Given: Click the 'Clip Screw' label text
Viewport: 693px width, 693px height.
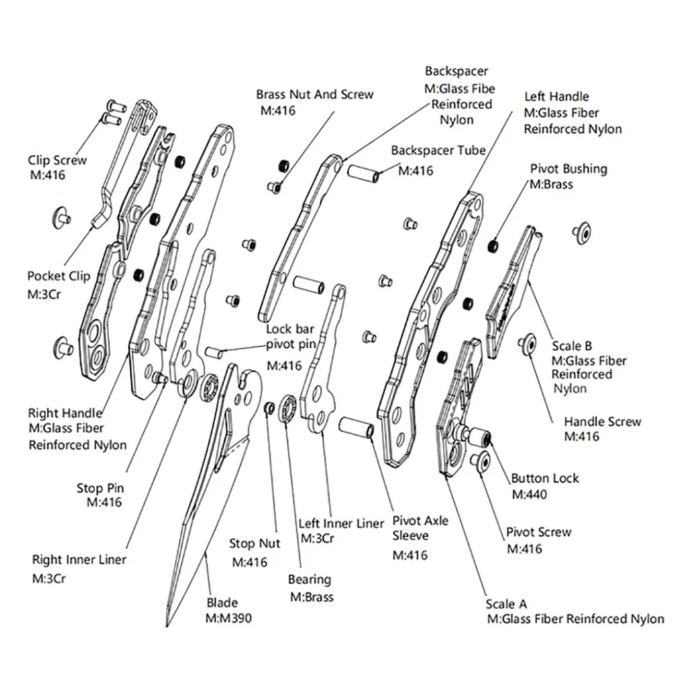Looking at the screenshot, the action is click(58, 160).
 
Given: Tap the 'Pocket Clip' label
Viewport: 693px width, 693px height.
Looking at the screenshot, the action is click(59, 277).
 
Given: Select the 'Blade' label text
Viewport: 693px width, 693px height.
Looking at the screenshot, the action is click(222, 602).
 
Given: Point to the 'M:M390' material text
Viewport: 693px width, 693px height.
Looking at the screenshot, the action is click(229, 618).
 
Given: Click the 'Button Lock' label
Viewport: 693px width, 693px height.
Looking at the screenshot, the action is click(545, 478).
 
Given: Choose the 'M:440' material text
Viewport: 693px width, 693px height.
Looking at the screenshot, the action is click(529, 494).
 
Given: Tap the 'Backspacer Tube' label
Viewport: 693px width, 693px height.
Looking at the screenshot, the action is click(439, 150).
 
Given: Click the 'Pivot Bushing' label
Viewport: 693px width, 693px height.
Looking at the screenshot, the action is click(569, 169).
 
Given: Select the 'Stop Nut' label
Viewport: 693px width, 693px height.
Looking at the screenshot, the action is click(254, 543).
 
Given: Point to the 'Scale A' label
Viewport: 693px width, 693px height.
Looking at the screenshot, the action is click(506, 604).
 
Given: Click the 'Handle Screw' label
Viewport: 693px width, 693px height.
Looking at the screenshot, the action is click(602, 421).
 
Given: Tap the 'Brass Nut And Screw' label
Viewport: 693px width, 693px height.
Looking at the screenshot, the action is click(315, 94).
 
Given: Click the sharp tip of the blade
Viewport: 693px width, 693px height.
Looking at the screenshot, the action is click(167, 626).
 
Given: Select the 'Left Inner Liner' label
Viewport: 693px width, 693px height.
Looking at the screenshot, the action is click(341, 523).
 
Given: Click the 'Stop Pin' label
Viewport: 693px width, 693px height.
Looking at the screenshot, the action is click(100, 488).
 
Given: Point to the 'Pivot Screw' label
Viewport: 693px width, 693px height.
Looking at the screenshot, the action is click(538, 532).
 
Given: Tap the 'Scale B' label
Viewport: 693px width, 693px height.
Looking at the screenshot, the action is click(572, 346).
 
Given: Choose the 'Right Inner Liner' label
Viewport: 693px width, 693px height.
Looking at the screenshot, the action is click(79, 559).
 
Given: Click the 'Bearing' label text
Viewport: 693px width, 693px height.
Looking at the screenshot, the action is click(309, 579).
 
